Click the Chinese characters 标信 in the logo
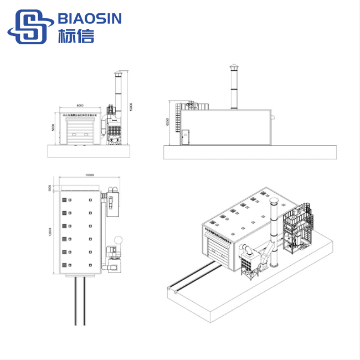(x=76, y=35)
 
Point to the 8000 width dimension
(x=80, y=105)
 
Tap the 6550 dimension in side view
(x=167, y=122)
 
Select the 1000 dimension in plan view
(x=49, y=188)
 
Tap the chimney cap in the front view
(x=117, y=73)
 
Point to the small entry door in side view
(x=186, y=136)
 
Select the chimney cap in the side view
(x=233, y=69)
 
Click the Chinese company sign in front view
(x=80, y=116)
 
